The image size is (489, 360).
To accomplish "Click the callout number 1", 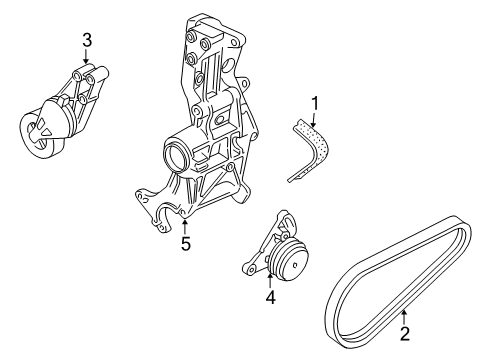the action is [314, 104].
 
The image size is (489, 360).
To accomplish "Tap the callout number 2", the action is [404, 334].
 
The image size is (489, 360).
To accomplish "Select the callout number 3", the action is [87, 40].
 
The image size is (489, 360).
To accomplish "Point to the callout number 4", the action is [270, 297].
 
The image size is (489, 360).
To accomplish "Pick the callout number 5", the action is [185, 243].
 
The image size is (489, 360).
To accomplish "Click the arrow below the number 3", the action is [86, 56].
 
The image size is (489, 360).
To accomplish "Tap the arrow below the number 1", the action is [313, 120].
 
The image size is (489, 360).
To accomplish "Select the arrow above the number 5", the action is [184, 227].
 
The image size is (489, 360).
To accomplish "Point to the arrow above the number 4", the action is [269, 281].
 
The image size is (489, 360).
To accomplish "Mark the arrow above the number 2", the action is [404, 317].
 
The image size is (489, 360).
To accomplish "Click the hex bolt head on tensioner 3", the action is [64, 101].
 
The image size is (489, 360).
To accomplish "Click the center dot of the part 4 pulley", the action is [295, 265].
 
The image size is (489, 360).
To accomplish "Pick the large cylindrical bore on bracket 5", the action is [174, 154].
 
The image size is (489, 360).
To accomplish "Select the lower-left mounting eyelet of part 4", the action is [247, 268].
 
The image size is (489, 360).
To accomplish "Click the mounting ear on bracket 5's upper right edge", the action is [246, 82].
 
